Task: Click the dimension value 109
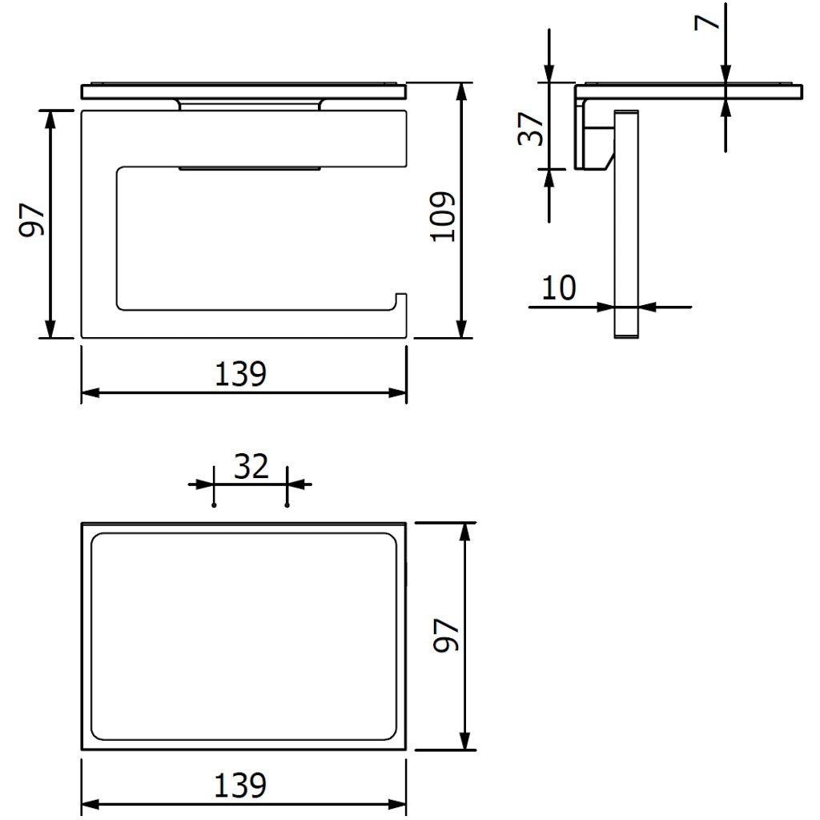tap(442, 216)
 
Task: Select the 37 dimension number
tap(531, 129)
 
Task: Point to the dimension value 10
tap(558, 287)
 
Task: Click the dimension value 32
tap(251, 467)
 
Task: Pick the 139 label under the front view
tap(240, 374)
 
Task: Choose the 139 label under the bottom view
tap(240, 786)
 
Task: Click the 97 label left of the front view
tap(31, 221)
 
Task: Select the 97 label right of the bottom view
tap(446, 635)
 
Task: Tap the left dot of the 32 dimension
tap(214, 505)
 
